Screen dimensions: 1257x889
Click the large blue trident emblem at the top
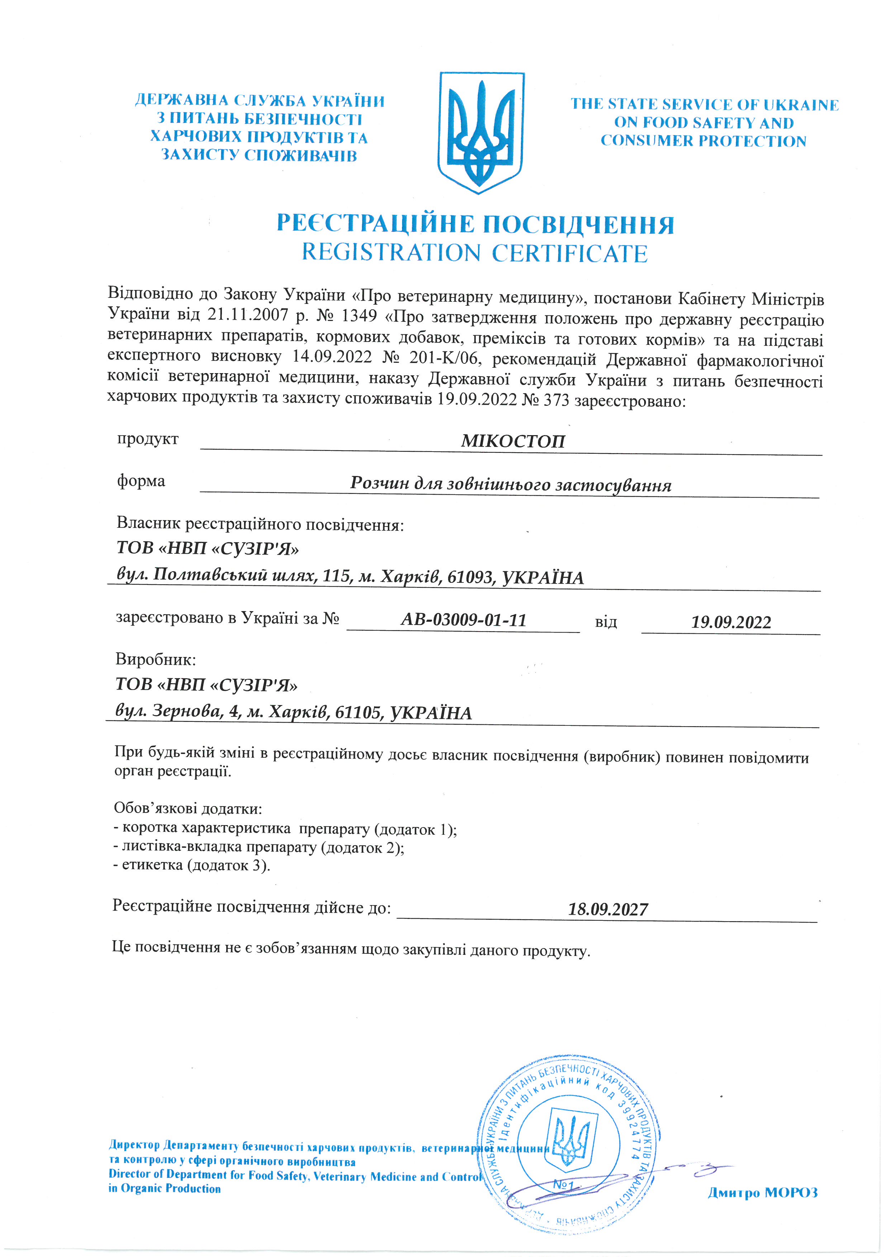481,133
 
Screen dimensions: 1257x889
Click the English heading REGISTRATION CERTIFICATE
475,253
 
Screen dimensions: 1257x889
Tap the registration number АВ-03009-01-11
463,620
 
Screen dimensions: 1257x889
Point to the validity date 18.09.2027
608,909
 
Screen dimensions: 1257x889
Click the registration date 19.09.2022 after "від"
731,623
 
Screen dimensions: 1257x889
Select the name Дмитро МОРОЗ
762,1192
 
